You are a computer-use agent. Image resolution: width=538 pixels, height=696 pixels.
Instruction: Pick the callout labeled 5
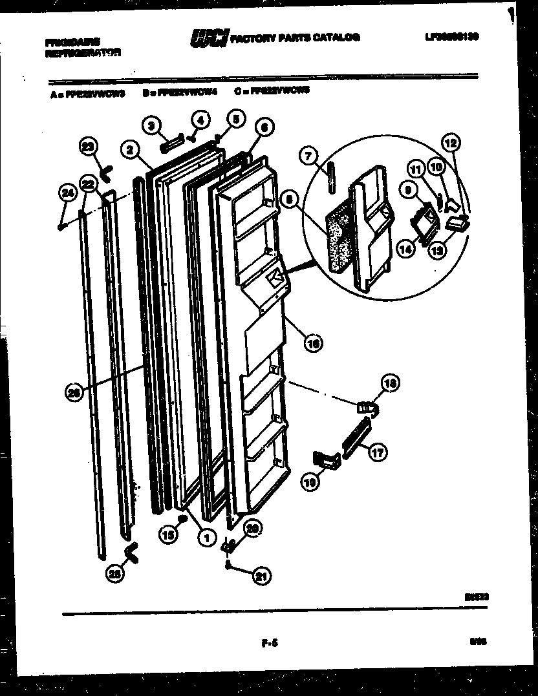(235, 119)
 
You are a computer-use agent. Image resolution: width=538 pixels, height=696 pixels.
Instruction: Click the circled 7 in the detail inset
(308, 156)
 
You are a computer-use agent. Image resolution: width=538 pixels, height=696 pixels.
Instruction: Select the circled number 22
(88, 184)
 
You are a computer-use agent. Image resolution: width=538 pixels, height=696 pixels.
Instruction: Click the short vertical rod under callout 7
(330, 178)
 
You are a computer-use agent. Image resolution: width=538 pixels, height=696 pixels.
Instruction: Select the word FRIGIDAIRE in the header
(72, 42)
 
